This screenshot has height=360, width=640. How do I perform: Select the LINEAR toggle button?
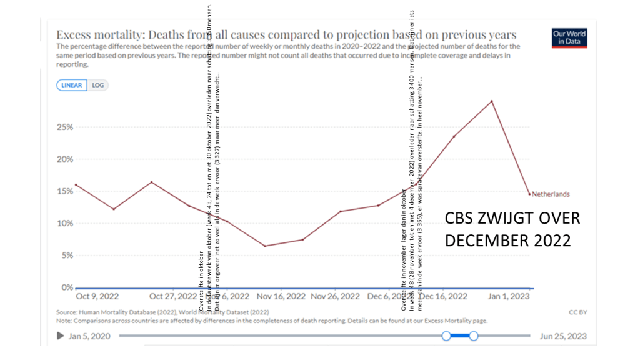click(x=71, y=85)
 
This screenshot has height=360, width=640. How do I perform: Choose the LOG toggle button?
click(x=97, y=85)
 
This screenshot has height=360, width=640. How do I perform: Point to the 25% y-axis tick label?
click(x=65, y=127)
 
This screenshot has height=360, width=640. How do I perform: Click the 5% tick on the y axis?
click(x=67, y=256)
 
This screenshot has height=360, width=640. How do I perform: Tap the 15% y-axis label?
click(x=65, y=191)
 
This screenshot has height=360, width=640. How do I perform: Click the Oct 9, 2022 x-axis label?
click(x=97, y=296)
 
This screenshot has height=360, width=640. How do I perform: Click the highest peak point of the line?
click(x=492, y=101)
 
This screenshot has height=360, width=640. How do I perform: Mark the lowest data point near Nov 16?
click(x=264, y=246)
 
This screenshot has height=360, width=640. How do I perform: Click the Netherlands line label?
click(x=551, y=194)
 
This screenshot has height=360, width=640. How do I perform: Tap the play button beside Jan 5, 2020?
click(x=61, y=336)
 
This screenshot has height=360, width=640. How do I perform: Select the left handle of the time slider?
click(x=446, y=336)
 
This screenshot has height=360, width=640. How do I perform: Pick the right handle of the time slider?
click(x=474, y=336)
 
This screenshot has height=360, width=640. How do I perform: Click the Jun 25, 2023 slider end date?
click(x=563, y=336)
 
